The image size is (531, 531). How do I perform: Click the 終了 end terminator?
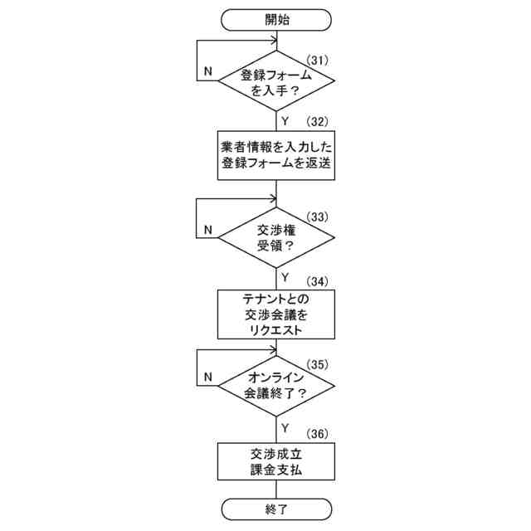pyautogui.click(x=276, y=508)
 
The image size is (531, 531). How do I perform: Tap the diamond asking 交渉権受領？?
pyautogui.click(x=276, y=237)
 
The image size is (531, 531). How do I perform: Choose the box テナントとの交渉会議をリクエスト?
pyautogui.click(x=276, y=313)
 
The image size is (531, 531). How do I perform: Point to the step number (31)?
pyautogui.click(x=319, y=59)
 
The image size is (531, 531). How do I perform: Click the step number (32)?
pyautogui.click(x=319, y=121)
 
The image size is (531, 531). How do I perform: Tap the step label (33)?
pyautogui.click(x=319, y=217)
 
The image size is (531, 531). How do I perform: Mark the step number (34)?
pyautogui.click(x=319, y=279)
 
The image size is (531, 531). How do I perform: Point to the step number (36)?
pyautogui.click(x=319, y=432)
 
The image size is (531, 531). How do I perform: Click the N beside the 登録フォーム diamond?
pyautogui.click(x=206, y=71)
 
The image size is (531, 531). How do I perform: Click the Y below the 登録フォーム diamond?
pyautogui.click(x=285, y=121)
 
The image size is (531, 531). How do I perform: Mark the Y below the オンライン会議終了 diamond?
pyautogui.click(x=285, y=427)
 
